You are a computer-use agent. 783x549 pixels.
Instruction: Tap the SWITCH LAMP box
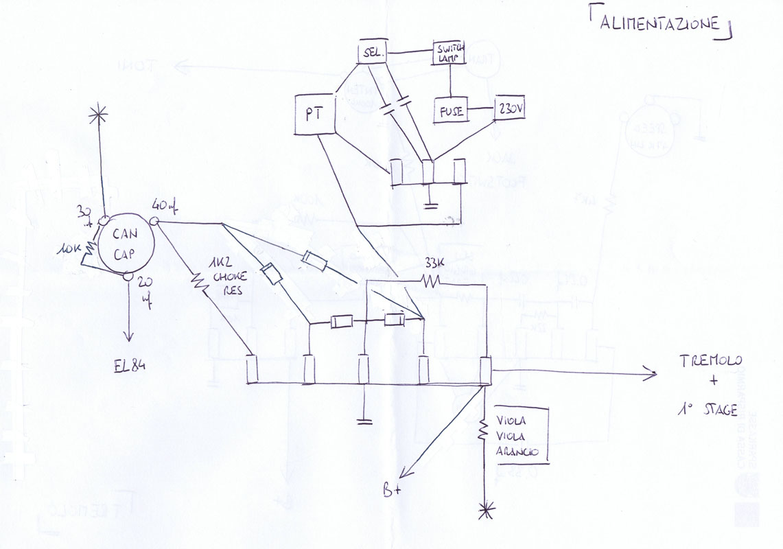449,53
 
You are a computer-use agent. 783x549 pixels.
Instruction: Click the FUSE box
449,110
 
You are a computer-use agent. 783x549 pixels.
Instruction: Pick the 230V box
509,108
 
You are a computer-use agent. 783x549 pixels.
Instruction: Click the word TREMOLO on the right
710,362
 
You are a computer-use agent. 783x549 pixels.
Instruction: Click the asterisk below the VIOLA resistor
487,510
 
